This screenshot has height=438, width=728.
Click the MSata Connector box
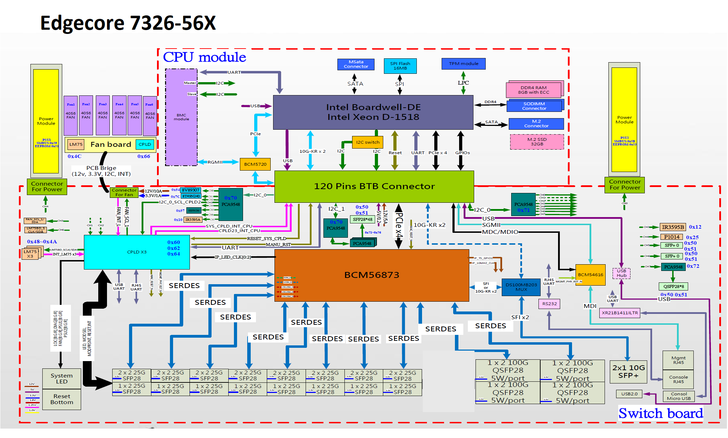click(356, 64)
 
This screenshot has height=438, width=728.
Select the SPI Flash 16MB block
click(400, 66)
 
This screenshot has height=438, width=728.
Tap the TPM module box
click(463, 64)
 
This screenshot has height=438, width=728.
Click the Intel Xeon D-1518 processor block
click(373, 112)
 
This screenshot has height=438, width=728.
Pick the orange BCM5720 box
click(255, 164)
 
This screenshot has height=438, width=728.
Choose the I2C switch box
click(367, 142)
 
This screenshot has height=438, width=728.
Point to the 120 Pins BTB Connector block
click(374, 186)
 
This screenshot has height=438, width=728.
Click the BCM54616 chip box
click(590, 275)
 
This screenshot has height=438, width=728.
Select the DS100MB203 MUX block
click(521, 287)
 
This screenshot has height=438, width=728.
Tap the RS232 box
click(549, 304)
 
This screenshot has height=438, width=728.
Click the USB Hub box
click(621, 273)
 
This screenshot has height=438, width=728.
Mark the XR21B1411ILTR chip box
click(620, 313)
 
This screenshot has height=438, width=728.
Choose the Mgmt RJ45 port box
click(678, 360)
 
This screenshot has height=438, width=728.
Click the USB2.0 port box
click(629, 394)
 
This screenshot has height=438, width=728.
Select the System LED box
click(62, 379)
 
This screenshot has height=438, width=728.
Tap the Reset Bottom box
click(62, 399)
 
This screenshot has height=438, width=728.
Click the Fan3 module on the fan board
click(103, 115)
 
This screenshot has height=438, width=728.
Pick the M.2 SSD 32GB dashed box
click(537, 142)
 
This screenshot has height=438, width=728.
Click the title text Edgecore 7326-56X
click(128, 23)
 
